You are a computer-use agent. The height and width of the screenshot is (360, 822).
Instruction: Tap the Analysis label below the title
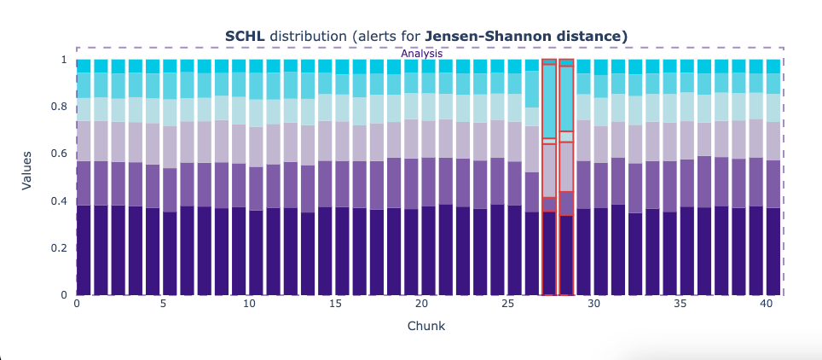click(422, 54)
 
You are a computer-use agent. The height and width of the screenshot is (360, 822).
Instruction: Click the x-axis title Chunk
click(425, 326)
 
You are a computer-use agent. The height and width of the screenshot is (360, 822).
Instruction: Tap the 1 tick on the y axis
click(64, 60)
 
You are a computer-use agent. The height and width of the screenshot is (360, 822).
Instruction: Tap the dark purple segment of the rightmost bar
click(773, 252)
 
